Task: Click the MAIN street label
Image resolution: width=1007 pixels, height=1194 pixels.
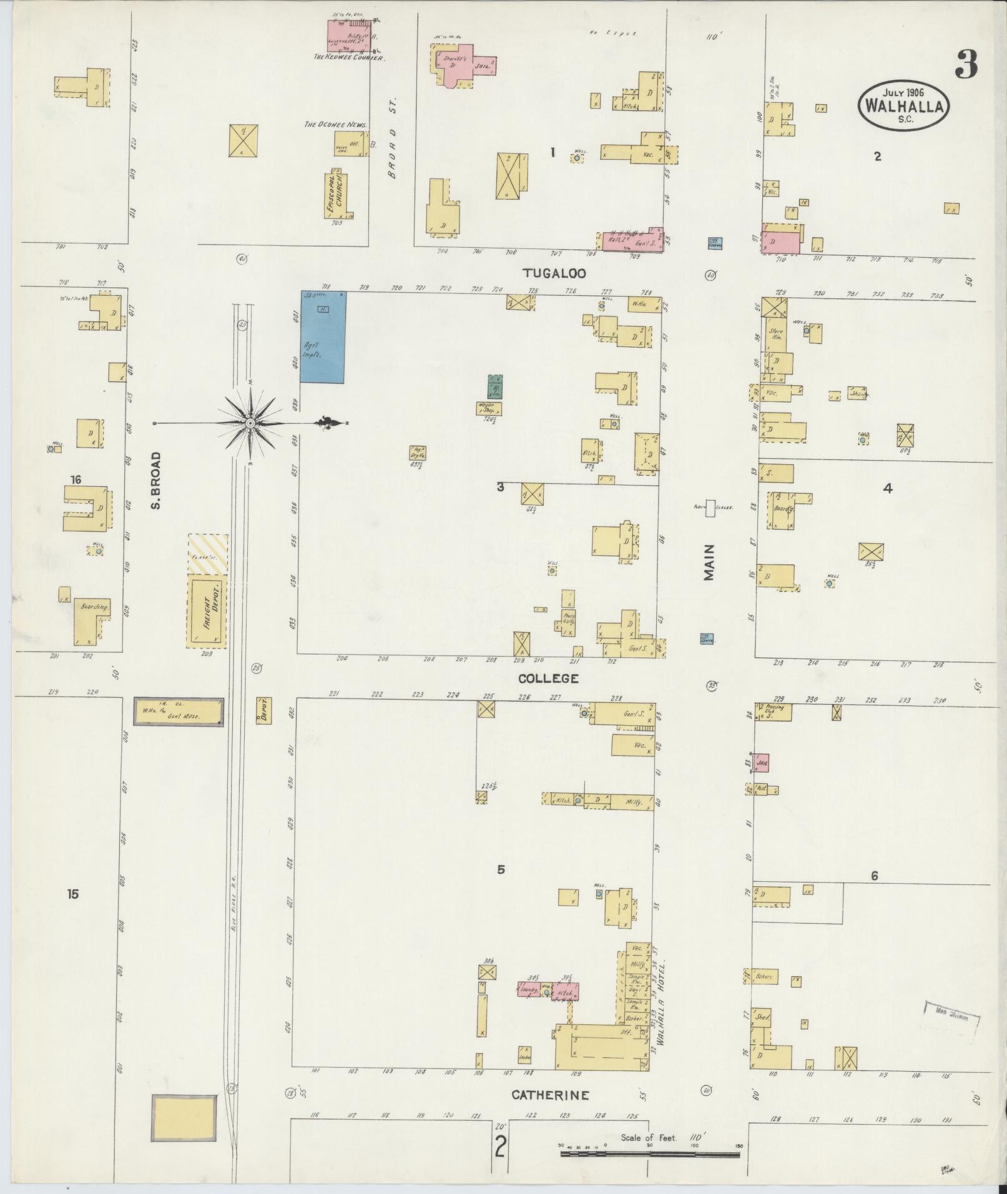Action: click(x=709, y=562)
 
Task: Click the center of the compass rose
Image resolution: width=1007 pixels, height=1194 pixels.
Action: click(x=250, y=423)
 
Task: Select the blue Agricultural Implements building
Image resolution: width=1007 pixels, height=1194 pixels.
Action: click(x=323, y=336)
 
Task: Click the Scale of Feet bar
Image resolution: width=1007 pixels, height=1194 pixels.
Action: click(x=649, y=1154)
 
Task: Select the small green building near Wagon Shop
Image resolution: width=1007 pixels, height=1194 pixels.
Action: click(x=495, y=387)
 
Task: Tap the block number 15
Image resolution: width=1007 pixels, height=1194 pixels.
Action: click(x=73, y=894)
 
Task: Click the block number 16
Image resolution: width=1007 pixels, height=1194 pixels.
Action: click(x=76, y=480)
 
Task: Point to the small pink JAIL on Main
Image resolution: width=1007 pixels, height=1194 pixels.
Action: click(x=761, y=763)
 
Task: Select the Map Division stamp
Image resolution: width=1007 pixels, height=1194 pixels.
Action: click(x=951, y=1017)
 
